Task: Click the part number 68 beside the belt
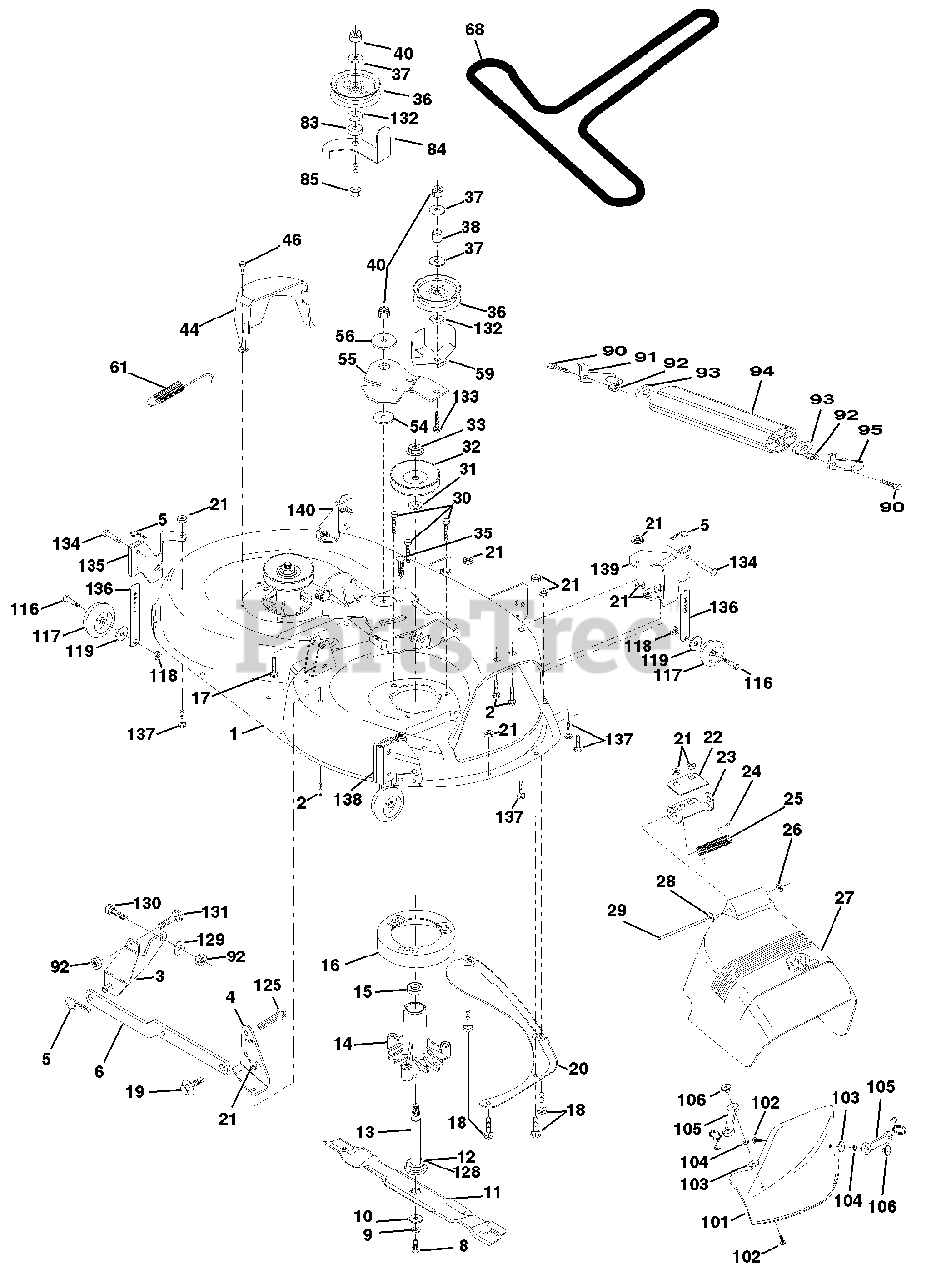click(475, 30)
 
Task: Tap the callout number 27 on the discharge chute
click(843, 897)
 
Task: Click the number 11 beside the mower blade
click(491, 1192)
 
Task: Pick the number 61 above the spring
click(120, 368)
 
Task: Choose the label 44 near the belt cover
click(190, 329)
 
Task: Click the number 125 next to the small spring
click(267, 984)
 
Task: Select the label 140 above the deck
click(304, 509)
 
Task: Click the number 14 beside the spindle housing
click(343, 1044)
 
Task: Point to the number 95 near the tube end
click(870, 431)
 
